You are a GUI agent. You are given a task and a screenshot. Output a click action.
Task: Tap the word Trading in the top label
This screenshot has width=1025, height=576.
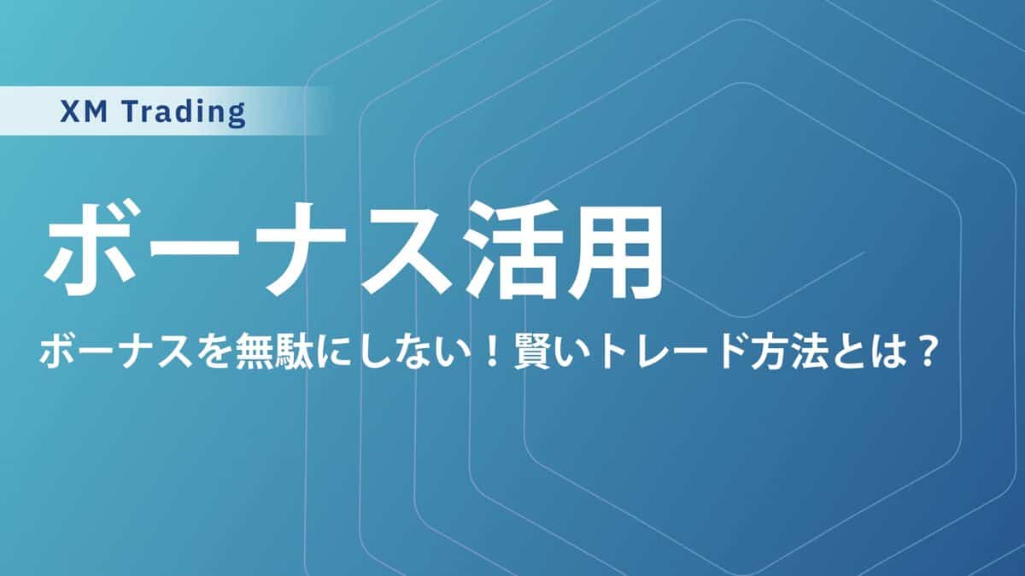[x=184, y=113]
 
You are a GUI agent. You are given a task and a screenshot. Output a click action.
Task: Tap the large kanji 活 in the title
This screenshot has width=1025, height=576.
[x=512, y=251]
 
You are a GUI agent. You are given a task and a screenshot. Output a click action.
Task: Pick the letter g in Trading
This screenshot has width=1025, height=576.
[x=237, y=117]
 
